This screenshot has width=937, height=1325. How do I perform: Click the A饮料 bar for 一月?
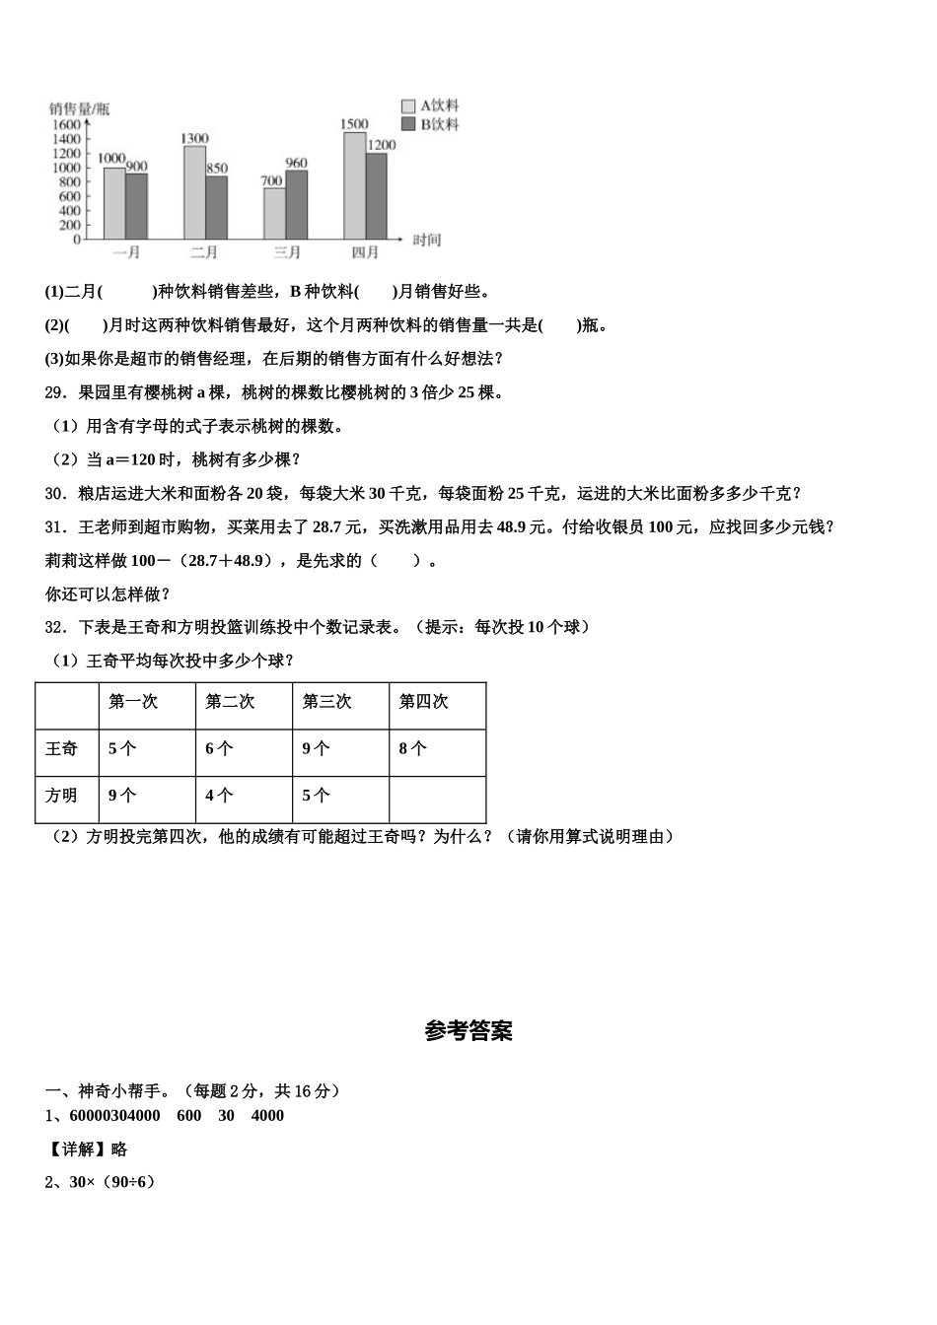(x=114, y=203)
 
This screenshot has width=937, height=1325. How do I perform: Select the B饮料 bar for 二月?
(x=216, y=207)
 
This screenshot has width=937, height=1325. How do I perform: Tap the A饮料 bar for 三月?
(x=274, y=213)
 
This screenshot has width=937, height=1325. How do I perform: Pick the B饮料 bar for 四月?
(x=376, y=195)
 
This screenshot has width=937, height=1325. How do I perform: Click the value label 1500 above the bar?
(x=354, y=124)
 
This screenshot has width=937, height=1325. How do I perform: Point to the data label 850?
(x=217, y=169)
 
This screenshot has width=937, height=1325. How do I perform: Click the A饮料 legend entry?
(x=431, y=105)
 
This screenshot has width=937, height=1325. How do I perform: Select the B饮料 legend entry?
(x=431, y=124)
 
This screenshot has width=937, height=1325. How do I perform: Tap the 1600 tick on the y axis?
(x=66, y=124)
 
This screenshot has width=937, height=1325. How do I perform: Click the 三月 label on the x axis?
(x=286, y=252)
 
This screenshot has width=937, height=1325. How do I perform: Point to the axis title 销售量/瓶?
(x=80, y=108)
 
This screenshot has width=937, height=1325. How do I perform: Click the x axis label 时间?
(x=427, y=240)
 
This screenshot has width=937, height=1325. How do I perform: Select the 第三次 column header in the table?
(x=326, y=701)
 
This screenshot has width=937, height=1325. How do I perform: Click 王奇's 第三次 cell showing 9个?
(x=318, y=748)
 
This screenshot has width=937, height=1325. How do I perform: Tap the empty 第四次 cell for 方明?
(x=437, y=799)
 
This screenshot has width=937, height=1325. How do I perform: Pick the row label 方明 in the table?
(x=61, y=795)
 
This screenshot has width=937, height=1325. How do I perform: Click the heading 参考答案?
(x=468, y=1031)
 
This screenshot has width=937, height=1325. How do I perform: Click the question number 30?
(x=55, y=493)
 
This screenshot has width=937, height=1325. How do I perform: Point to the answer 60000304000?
(x=114, y=1115)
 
